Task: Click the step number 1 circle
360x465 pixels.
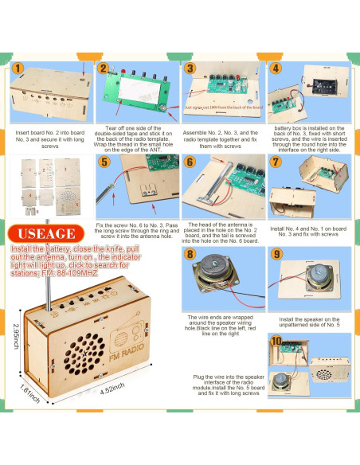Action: point(18,68)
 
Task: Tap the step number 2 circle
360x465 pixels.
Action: point(103,68)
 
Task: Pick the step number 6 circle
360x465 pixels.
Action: point(190,162)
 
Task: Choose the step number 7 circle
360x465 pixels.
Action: point(275,162)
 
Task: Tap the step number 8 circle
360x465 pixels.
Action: point(190,255)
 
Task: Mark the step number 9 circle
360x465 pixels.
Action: point(275,255)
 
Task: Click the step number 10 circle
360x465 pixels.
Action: point(276,342)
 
